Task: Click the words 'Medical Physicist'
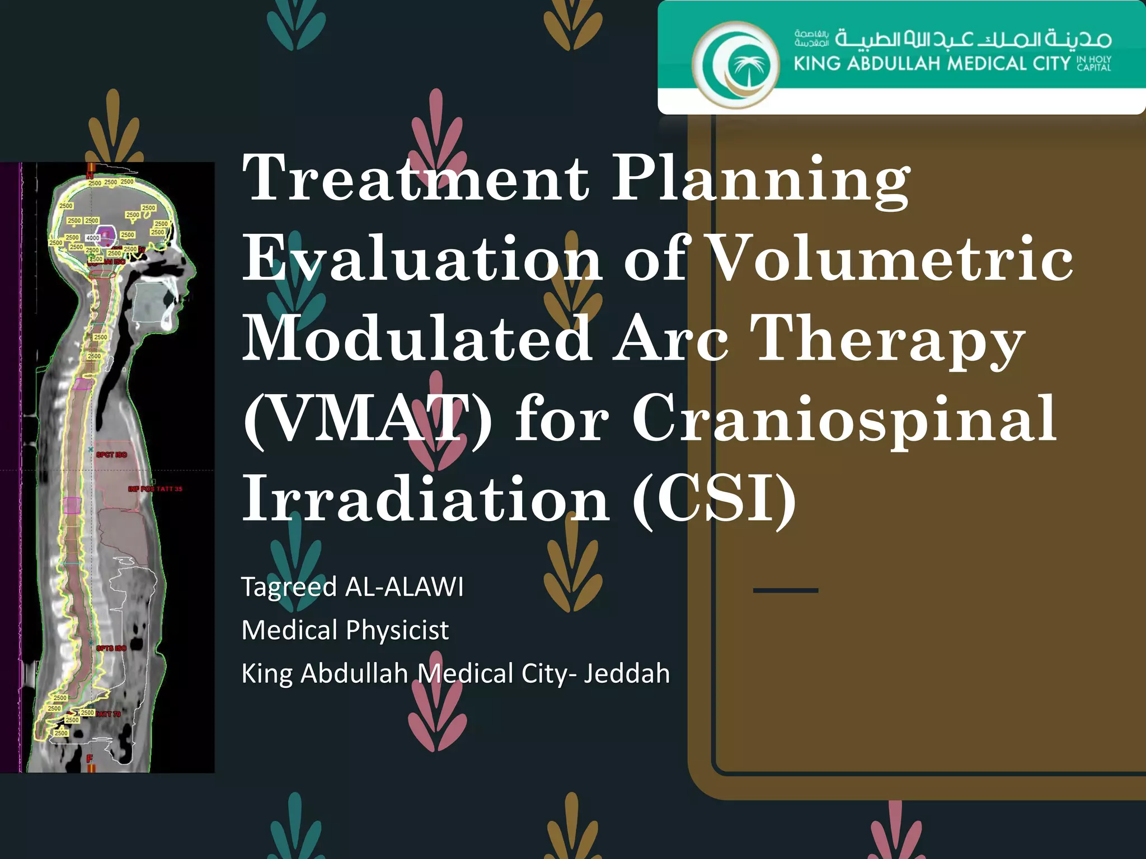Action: click(345, 630)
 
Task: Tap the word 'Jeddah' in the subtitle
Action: click(627, 673)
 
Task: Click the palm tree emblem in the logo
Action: click(745, 67)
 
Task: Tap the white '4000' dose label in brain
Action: click(92, 238)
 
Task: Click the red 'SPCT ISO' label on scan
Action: click(112, 455)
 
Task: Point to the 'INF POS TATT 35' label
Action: click(155, 489)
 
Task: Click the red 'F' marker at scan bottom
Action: click(90, 759)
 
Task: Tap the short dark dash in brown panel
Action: click(786, 591)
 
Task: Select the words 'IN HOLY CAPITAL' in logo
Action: click(1094, 63)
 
